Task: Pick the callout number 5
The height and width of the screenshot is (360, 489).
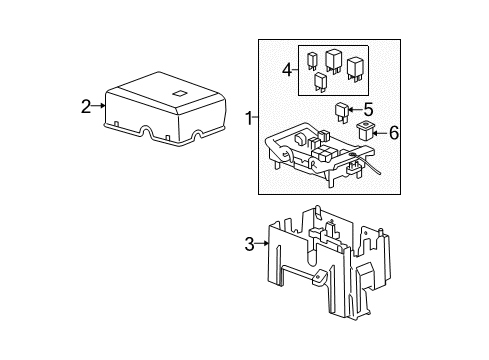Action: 367,109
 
